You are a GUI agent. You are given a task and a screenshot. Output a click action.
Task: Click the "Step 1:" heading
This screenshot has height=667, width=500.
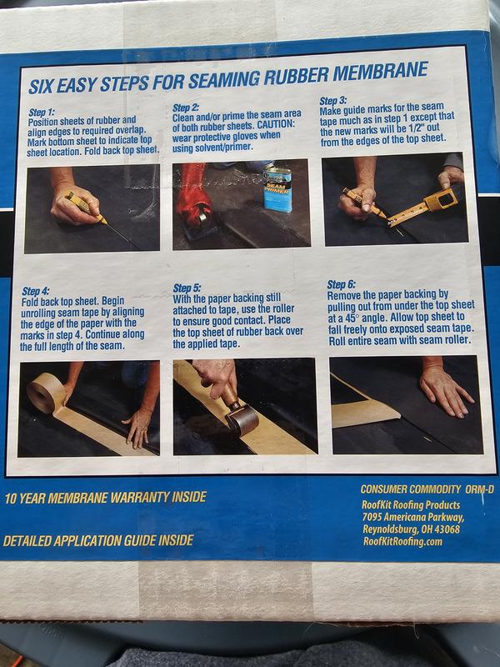coord(41,113)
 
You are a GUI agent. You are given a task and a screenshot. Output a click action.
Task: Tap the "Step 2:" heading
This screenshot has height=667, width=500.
coord(186,108)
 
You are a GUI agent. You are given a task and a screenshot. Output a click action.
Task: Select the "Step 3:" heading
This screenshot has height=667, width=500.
coord(333,101)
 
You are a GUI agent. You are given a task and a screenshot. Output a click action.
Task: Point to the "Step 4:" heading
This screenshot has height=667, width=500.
coord(35,291)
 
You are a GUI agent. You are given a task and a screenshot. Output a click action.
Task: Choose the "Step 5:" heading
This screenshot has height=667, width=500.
coord(187,288)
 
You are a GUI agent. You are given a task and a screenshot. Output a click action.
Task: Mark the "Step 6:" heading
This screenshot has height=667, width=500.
coord(341,284)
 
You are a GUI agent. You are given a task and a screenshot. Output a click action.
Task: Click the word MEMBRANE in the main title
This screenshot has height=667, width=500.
coord(380,72)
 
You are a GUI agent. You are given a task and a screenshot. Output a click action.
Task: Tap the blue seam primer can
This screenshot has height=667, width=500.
coord(277,188)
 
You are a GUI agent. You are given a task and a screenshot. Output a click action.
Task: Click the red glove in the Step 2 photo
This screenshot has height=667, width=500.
coord(194,193)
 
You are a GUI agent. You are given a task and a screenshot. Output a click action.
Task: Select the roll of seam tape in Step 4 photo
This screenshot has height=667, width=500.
coord(46,394)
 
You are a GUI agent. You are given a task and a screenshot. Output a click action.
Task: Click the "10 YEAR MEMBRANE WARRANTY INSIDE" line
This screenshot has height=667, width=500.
coord(106,498)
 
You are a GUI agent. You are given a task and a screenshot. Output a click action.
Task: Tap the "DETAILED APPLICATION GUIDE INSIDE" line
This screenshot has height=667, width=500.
coord(98,540)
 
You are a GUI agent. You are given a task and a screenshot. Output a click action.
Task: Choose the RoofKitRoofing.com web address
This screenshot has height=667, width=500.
coord(402,541)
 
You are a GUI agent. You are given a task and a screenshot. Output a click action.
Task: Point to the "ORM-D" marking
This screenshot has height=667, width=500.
coord(480,489)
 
